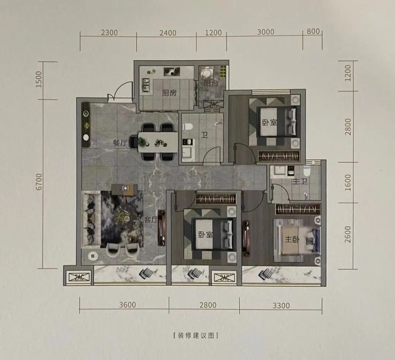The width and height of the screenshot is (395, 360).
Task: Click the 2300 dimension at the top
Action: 109,33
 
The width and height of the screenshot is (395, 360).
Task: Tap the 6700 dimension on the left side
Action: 39,182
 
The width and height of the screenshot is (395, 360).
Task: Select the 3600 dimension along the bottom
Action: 128,305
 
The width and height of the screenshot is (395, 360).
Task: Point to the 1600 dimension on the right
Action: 348,182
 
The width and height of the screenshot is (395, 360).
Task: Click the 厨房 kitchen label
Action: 169,93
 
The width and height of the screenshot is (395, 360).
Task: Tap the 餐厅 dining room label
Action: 120,143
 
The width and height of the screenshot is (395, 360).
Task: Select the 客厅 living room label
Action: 151,220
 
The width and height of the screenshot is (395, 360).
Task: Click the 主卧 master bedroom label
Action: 292,239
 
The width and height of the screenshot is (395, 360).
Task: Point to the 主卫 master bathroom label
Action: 300,181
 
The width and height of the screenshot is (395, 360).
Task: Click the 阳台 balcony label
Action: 211,83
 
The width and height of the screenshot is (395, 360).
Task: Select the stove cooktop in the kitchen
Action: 172,72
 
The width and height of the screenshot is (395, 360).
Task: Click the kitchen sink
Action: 146,85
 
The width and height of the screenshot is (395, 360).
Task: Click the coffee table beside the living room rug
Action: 124,189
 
